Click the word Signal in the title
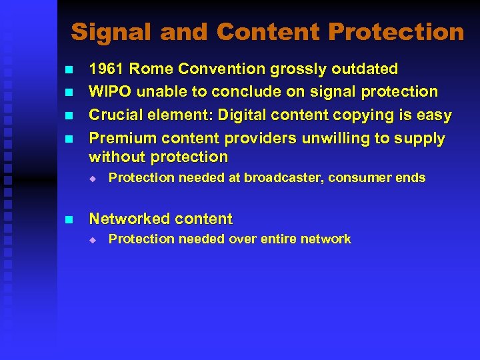tap(107, 32)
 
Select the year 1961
tap(107, 69)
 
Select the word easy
tap(435, 115)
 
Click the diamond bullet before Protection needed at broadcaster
tap(94, 179)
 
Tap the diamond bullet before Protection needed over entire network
tap(94, 240)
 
